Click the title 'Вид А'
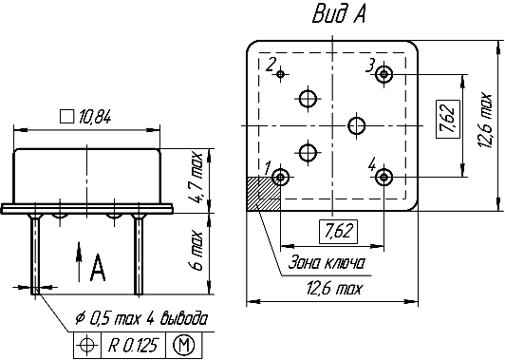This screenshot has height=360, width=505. [339, 14]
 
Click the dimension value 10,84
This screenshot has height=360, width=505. [94, 117]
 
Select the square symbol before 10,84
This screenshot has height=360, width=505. [66, 116]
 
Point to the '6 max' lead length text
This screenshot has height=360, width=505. [196, 250]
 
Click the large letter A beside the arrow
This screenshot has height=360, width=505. [98, 268]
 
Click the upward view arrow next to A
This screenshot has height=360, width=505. [79, 262]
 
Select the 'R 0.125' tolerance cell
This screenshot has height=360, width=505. [133, 345]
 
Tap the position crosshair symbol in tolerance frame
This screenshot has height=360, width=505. [87, 346]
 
